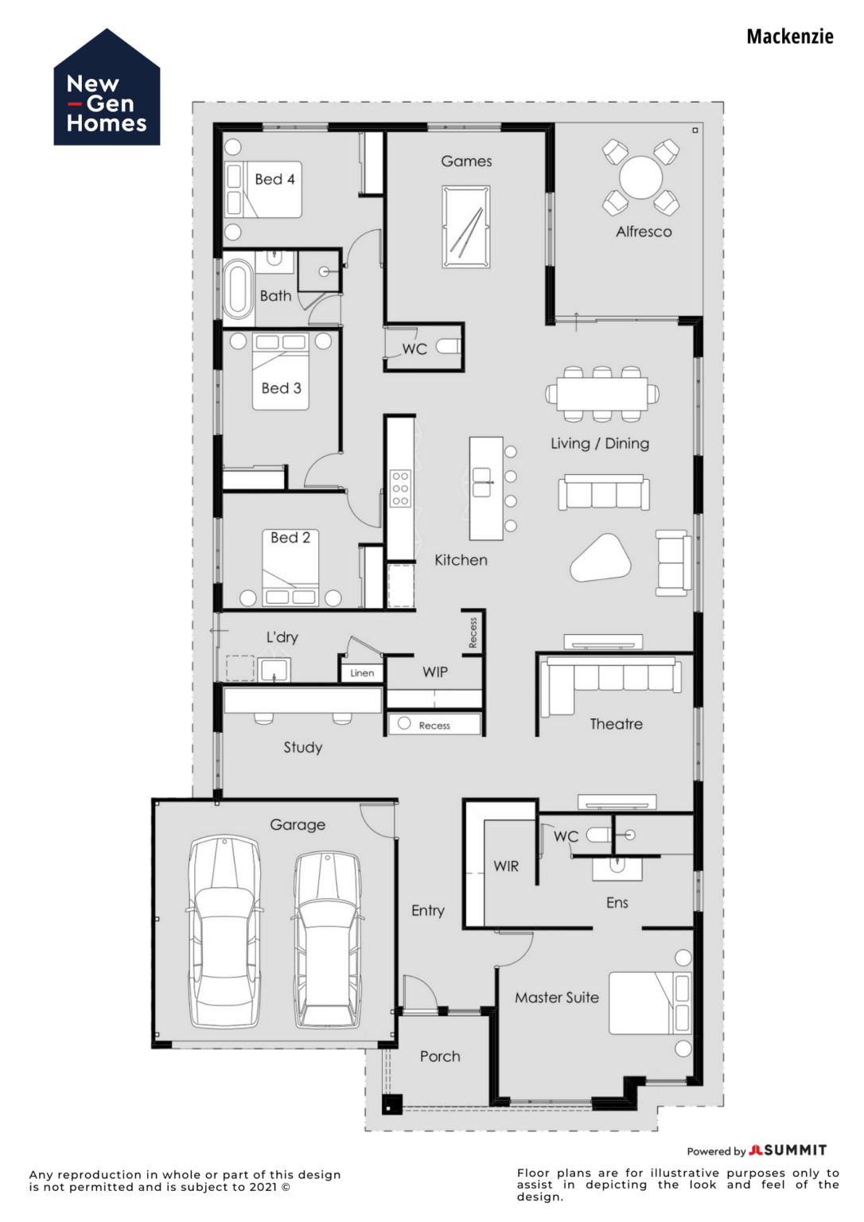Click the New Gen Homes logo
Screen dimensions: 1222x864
pos(107,89)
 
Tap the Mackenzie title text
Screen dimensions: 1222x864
pos(789,37)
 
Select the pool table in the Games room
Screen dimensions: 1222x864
pos(466,227)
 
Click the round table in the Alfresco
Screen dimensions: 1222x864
pos(640,177)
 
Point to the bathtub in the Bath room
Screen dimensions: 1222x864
pos(237,289)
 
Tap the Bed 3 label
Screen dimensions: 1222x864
pos(281,388)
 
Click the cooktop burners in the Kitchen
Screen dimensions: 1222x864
pos(400,488)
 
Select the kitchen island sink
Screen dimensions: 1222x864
pos(482,482)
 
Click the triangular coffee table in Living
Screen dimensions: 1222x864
pos(600,558)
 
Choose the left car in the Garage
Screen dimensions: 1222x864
pos(225,931)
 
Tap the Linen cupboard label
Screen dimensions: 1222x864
pos(362,673)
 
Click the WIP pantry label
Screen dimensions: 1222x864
pos(435,672)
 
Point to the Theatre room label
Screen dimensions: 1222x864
pos(616,724)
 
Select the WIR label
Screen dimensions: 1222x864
pos(506,866)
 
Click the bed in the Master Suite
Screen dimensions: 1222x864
pos(650,1003)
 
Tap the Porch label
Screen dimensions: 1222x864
pos(440,1057)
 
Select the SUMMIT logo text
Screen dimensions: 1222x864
pos(795,1150)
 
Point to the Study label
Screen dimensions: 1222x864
pos(303,747)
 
